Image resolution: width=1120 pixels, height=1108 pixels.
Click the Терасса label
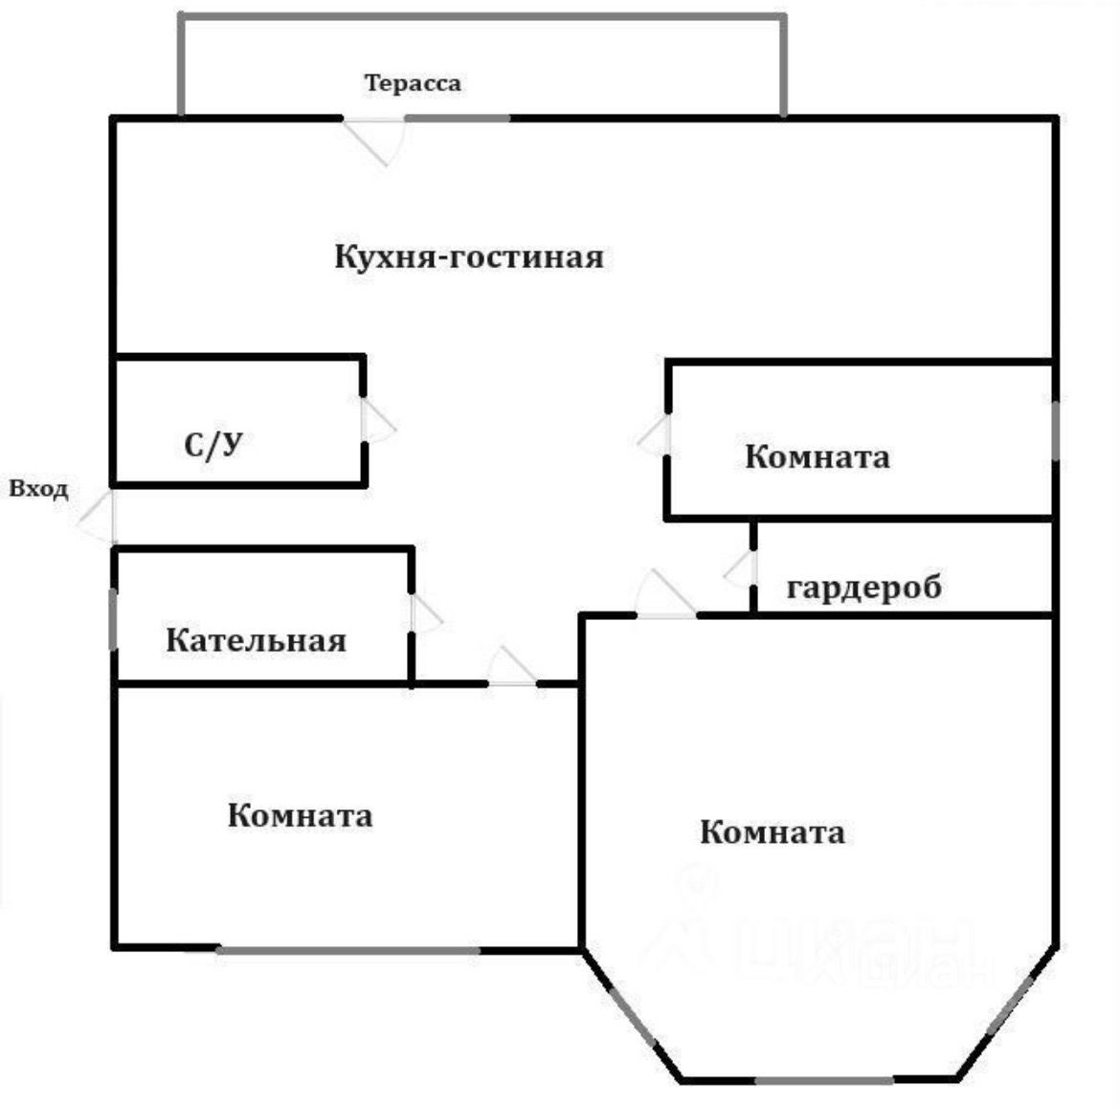[x=412, y=83]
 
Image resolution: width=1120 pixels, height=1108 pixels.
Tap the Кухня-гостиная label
[x=469, y=257]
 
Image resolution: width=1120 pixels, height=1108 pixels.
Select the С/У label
[x=212, y=444]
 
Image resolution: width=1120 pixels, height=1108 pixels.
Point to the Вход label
[x=39, y=490]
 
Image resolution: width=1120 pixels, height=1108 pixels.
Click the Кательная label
[x=256, y=639]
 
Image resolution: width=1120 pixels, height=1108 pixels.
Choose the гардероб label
[x=863, y=587]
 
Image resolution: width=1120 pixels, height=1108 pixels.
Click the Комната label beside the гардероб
[x=817, y=456]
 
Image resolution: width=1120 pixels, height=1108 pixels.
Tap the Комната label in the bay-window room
[x=772, y=831]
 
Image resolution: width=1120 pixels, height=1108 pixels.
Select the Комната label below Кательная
[x=300, y=815]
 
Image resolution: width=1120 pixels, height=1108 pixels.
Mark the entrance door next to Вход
[x=100, y=518]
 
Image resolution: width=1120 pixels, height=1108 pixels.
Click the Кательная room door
[x=424, y=613]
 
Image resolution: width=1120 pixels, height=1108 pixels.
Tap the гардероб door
[x=742, y=570]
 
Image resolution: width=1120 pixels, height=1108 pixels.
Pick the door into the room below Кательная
[x=512, y=670]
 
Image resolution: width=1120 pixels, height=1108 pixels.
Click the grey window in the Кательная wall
[x=114, y=619]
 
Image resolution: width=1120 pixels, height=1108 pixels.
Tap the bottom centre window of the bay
[x=823, y=1080]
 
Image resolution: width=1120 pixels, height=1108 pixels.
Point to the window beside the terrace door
[x=458, y=118]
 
